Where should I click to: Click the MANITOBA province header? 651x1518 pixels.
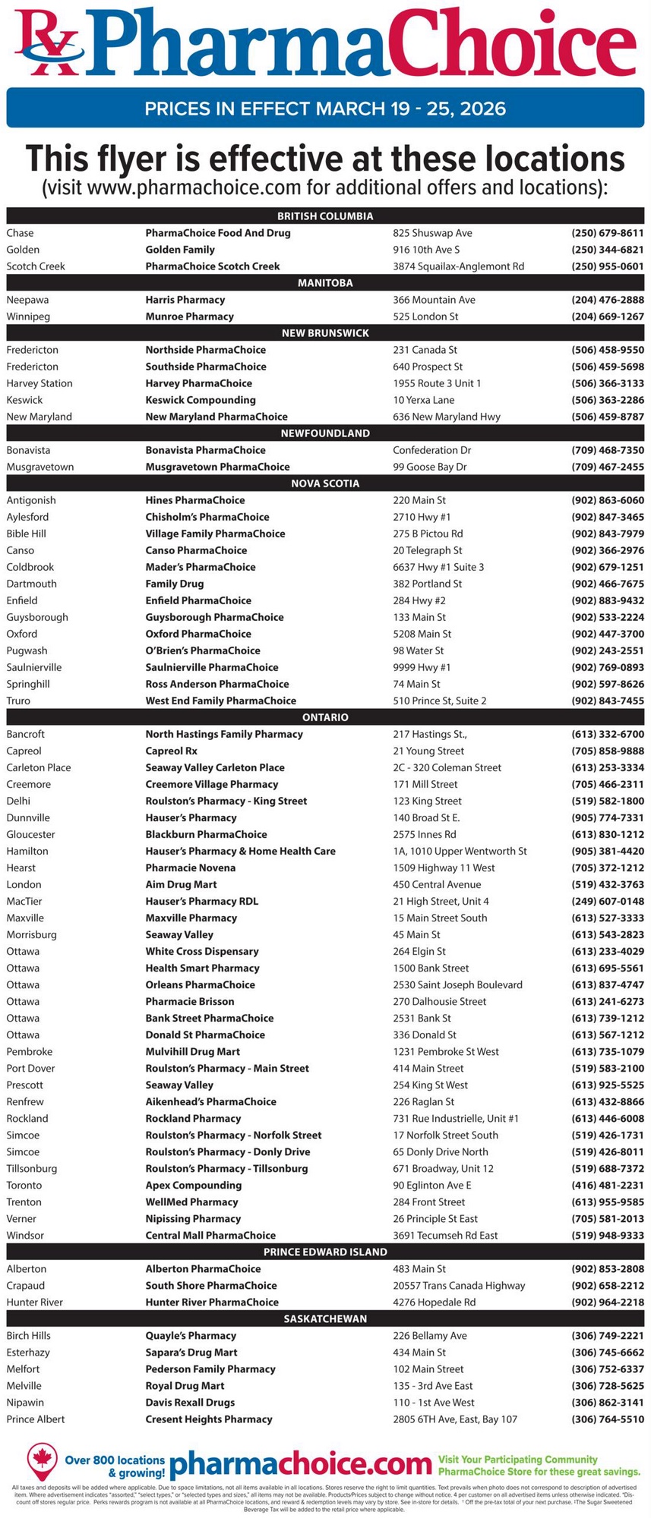point(325,283)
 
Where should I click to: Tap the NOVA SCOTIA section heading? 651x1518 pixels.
point(325,483)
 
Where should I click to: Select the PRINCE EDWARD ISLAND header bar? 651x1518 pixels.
point(325,1252)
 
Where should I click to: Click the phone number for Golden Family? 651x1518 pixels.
point(607,250)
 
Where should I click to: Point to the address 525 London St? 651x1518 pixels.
point(425,317)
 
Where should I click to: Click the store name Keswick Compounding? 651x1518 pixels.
point(201,400)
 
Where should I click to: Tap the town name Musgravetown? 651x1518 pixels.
point(40,467)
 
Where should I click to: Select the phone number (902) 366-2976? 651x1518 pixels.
point(607,550)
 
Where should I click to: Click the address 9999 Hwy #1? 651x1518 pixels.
point(422,667)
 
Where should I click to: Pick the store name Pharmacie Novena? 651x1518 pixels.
point(191,868)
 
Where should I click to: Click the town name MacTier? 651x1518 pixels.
point(24,901)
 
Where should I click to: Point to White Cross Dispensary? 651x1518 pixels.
point(202,951)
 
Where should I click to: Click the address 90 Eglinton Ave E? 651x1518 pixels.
point(432,1185)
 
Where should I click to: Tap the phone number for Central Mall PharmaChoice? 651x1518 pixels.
point(607,1235)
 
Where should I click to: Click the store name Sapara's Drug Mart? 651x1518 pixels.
point(191,1352)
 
